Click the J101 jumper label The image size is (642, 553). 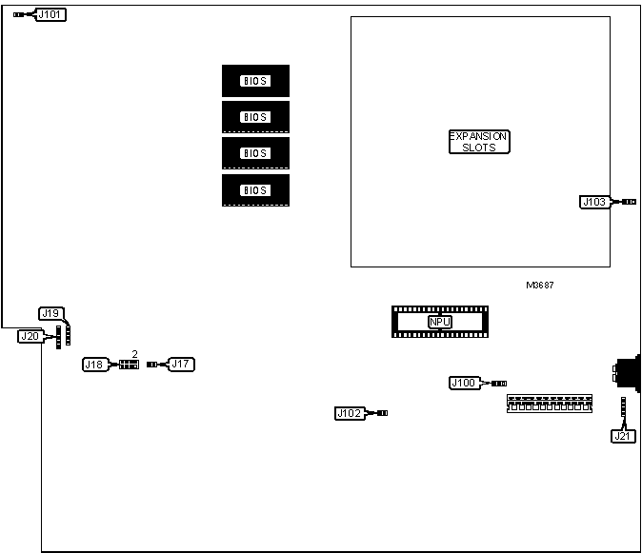(x=51, y=15)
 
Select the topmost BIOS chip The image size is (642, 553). (x=255, y=81)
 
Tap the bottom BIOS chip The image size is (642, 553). (x=255, y=190)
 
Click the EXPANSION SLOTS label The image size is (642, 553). (x=479, y=142)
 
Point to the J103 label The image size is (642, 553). (x=594, y=202)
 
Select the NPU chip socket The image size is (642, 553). (x=439, y=322)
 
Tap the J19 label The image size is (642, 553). (x=51, y=313)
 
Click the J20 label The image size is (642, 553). (x=30, y=335)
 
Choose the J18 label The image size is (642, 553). (x=95, y=365)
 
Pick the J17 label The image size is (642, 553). (x=181, y=364)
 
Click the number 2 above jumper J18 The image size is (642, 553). (x=134, y=353)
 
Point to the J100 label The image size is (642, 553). (x=464, y=383)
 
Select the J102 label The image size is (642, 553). (x=350, y=413)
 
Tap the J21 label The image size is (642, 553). (x=623, y=436)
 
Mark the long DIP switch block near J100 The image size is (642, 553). (x=548, y=404)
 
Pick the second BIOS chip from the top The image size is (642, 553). (x=255, y=117)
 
